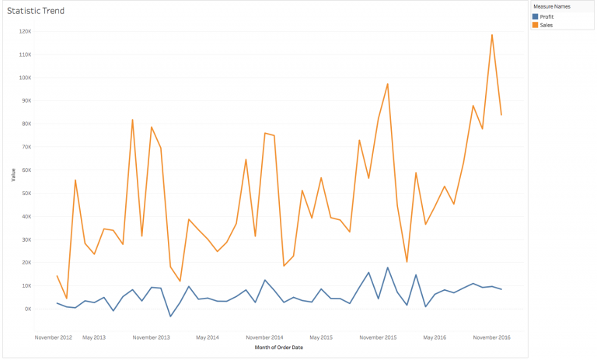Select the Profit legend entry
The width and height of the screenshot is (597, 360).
coord(546,16)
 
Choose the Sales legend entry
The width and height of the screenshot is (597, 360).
coord(545,25)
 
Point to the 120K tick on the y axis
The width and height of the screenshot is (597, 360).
coord(24,32)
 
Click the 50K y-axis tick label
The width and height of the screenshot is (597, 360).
coord(25,193)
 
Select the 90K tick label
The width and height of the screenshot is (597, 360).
coord(25,100)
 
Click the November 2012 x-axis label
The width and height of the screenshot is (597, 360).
coord(54,337)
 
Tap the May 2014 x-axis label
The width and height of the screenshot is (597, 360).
coord(208,337)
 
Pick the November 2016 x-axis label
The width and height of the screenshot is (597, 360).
coord(492,337)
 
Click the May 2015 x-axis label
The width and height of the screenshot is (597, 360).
coord(321,337)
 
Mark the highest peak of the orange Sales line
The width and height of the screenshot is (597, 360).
coord(492,35)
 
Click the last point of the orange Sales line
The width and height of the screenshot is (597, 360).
coord(501,115)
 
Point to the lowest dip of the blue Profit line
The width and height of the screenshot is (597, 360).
coord(170,316)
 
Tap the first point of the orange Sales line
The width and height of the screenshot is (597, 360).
coord(57,276)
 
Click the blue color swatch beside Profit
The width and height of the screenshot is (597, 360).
coord(536,16)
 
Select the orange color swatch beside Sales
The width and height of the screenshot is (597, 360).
coord(536,25)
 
